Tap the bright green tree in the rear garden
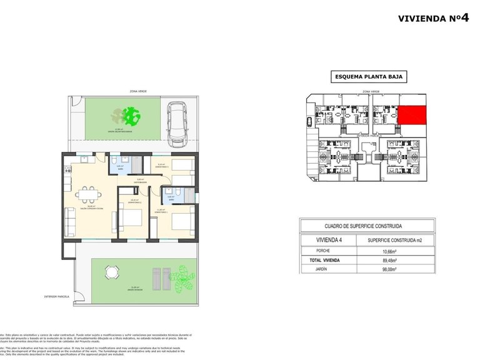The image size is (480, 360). [x=131, y=116]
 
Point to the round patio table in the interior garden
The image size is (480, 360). [x=112, y=272]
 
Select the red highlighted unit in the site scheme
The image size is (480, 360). [x=412, y=114]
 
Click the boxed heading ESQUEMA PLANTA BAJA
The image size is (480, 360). [x=368, y=77]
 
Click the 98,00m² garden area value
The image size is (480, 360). [x=393, y=269]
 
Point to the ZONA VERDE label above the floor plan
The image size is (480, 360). [x=138, y=91]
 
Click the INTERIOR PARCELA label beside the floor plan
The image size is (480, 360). [x=56, y=296]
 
